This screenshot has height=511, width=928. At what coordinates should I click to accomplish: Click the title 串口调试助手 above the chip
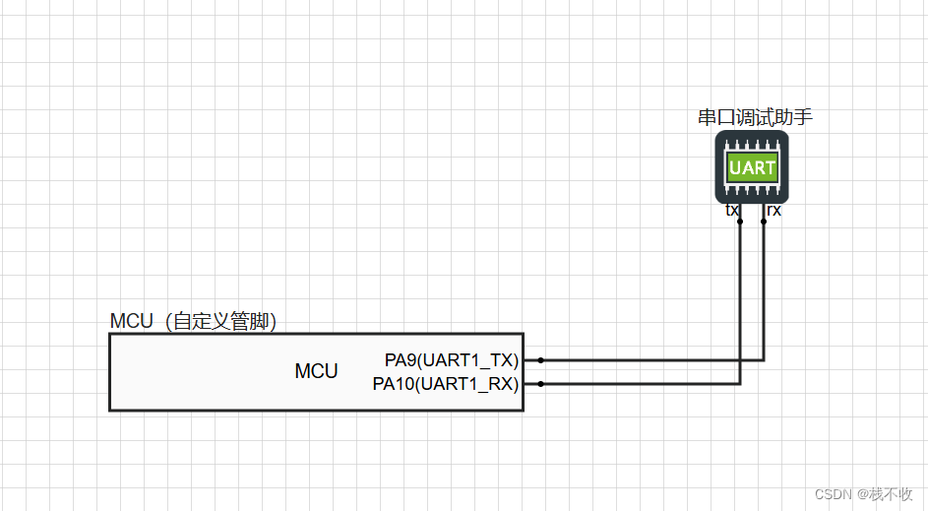tap(755, 118)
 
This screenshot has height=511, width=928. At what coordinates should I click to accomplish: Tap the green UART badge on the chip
tap(752, 167)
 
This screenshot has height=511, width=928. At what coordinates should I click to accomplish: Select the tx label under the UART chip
tap(732, 210)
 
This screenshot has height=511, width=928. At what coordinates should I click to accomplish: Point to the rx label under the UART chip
tap(773, 210)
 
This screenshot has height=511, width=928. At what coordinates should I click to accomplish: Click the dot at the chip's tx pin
tap(740, 222)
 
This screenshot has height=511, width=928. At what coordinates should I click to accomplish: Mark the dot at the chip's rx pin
tap(764, 222)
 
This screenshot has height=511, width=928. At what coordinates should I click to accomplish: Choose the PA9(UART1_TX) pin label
tap(452, 360)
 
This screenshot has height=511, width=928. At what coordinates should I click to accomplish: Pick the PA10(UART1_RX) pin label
tap(446, 384)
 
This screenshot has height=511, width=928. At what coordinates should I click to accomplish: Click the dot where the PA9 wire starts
tap(540, 360)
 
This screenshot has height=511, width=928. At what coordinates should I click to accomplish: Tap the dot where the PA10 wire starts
tap(540, 384)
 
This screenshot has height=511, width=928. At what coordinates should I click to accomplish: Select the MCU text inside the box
tap(316, 371)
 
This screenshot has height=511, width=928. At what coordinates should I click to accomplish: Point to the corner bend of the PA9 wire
tap(764, 360)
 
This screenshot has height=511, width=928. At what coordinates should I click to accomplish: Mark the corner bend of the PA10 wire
tap(740, 384)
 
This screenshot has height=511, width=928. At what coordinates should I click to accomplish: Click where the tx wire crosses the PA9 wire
tap(740, 360)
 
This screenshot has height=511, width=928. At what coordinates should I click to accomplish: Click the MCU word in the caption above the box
tap(132, 322)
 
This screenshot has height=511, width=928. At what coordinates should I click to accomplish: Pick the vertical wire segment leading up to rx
tap(764, 295)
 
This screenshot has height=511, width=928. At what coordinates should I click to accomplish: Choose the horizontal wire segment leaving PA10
tap(640, 384)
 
